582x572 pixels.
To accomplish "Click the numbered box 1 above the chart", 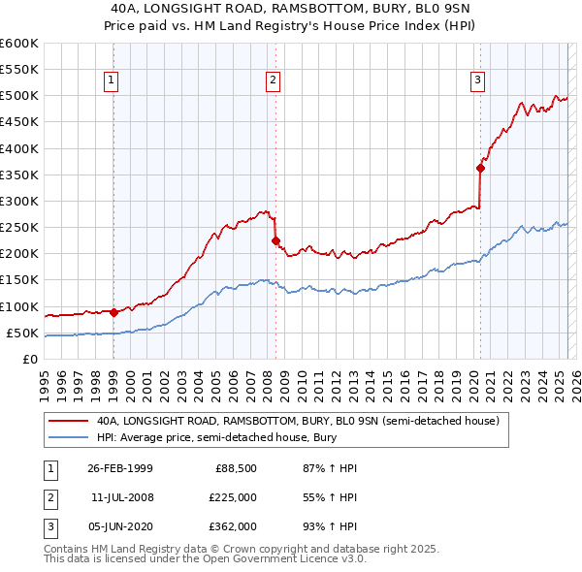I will point(113,80).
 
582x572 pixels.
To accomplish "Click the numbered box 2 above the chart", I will point(274,80).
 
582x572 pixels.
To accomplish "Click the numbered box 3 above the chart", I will point(478,80).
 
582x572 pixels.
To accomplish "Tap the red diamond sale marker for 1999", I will point(113,312).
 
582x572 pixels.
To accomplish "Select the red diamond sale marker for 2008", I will point(275,240).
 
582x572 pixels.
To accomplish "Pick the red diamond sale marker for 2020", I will point(480,168).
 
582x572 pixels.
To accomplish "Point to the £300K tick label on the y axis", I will point(20,202).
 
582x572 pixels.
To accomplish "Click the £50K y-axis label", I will point(23,334).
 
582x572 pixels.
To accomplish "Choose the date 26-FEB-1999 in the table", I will point(119,469).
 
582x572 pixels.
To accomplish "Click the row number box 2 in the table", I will point(49,497).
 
